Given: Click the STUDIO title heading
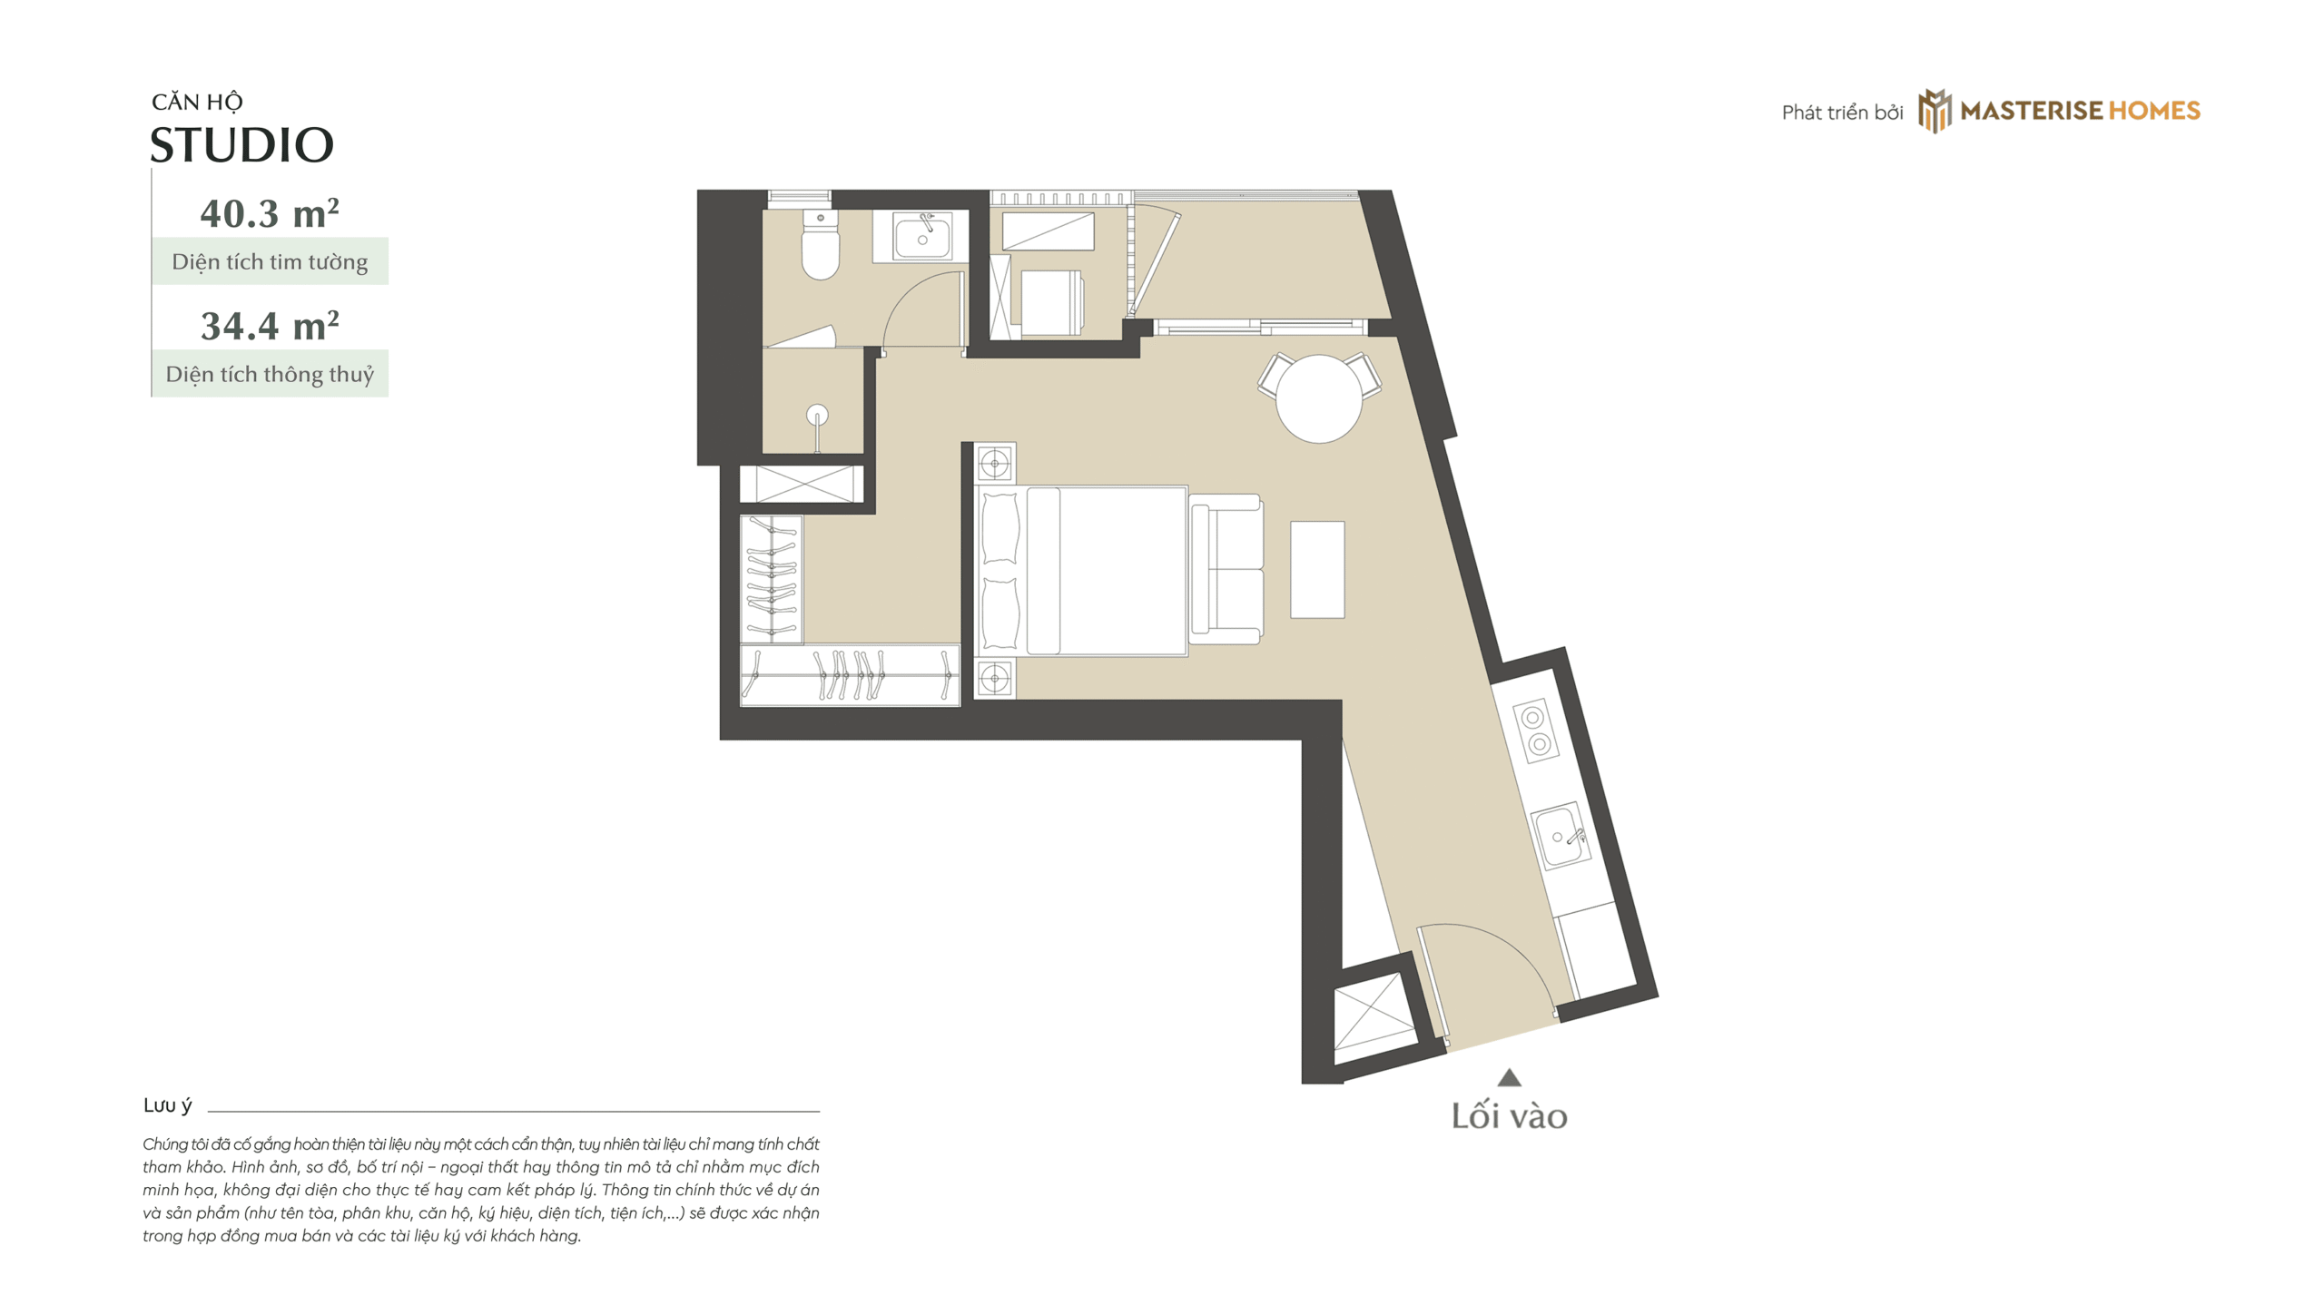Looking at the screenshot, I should point(241,145).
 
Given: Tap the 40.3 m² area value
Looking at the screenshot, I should point(270,213).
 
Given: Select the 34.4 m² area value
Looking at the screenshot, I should point(270,326).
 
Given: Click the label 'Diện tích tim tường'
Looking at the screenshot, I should point(270,262).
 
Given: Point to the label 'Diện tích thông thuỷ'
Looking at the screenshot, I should point(270,374).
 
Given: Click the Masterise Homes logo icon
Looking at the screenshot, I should point(1934,111).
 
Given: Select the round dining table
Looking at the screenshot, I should point(1318,397).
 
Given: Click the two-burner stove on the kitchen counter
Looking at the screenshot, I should point(1536,731).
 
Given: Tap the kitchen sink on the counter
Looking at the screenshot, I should point(1561,836).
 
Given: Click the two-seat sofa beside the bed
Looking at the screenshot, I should point(1226,569).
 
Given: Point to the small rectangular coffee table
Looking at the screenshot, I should point(1317,569).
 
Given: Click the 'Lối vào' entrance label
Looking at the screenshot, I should point(1509,1116).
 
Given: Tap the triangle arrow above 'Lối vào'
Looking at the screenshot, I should point(1509,1078).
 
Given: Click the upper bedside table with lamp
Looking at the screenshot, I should point(995,464).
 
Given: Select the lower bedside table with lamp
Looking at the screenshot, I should point(995,678).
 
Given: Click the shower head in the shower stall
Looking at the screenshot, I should point(817,416).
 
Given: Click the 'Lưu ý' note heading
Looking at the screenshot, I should point(168,1105).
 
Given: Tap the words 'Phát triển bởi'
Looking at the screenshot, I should point(1842,113).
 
